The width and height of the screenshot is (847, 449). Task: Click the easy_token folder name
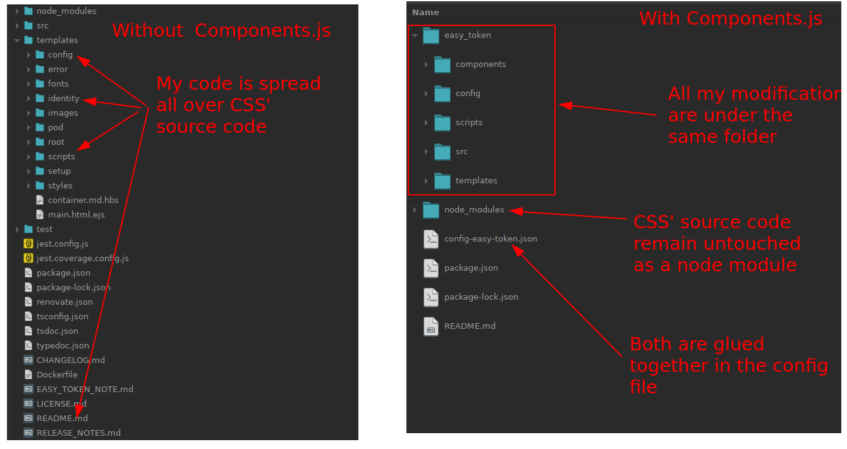pos(467,35)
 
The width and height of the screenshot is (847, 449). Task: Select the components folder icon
pos(442,65)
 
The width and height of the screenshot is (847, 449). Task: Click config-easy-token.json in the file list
pos(491,239)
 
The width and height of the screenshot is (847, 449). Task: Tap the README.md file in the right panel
pos(470,326)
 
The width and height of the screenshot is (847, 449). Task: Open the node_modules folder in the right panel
pos(474,210)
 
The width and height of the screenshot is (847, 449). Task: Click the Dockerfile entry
pos(57,374)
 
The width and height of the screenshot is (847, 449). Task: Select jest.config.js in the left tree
pos(62,243)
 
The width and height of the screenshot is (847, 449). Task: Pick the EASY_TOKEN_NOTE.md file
pos(85,389)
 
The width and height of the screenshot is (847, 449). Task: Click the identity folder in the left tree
pos(63,98)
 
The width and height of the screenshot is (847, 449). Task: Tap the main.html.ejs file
pos(76,214)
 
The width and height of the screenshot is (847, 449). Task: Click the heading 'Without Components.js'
pos(221,30)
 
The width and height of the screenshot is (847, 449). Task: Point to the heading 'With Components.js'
pos(731,18)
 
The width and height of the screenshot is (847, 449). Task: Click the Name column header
pos(425,13)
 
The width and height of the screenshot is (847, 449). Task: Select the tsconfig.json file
pos(62,316)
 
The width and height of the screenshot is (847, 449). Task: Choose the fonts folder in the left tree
pos(58,83)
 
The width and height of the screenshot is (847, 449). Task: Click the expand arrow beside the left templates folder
pos(17,40)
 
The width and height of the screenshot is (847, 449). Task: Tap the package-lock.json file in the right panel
pos(481,297)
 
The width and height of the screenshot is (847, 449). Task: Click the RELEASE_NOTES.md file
pos(78,433)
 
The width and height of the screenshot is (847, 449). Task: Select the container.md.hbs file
pos(83,200)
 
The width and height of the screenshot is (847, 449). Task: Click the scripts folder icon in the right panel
pos(442,123)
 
